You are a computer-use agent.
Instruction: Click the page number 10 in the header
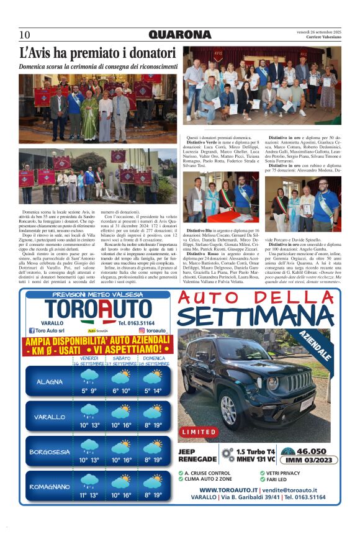[x=25, y=35]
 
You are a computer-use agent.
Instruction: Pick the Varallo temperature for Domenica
[x=153, y=425]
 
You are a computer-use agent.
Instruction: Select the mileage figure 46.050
[x=312, y=451]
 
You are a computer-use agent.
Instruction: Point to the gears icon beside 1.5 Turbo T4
[x=228, y=455]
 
